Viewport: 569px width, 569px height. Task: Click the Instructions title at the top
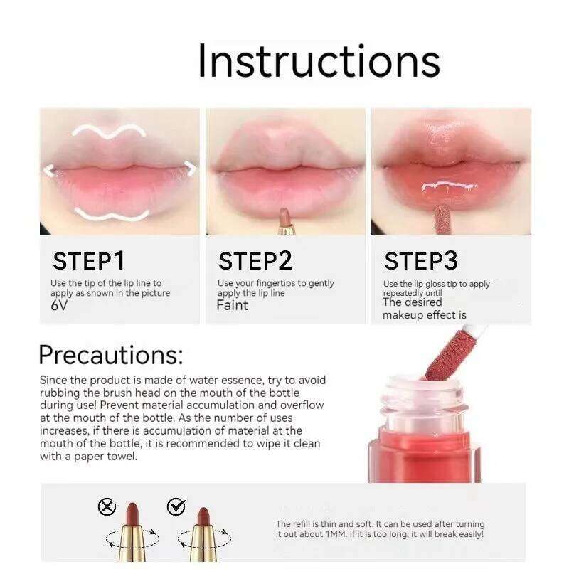pos(319,61)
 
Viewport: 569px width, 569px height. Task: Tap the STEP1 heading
pos(89,261)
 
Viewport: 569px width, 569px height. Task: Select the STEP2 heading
pos(255,261)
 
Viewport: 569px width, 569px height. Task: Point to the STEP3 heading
pos(421,261)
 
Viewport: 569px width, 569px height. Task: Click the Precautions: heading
pos(111,354)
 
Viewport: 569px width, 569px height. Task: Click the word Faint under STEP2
pos(233,305)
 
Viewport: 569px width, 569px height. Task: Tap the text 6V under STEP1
pos(59,305)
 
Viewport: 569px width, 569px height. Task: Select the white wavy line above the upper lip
pos(109,132)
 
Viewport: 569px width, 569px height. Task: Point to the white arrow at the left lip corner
pos(49,171)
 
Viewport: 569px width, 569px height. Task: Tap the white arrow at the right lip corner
pos(191,168)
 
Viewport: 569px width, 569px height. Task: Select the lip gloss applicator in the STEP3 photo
pos(442,219)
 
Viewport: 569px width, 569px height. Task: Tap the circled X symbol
pos(107,507)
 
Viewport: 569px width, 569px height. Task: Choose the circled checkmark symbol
pos(176,506)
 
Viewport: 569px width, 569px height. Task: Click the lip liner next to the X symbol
pos(132,531)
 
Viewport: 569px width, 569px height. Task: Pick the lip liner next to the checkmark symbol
pos(204,534)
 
